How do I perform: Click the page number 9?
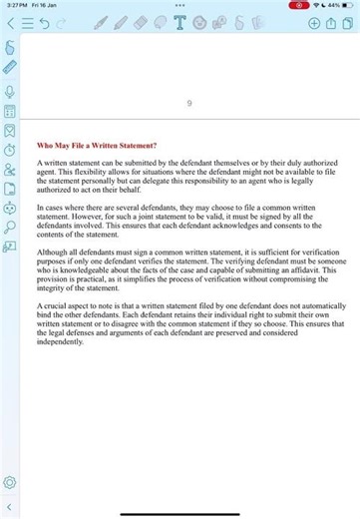click(189, 103)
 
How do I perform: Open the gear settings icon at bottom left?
click(9, 483)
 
